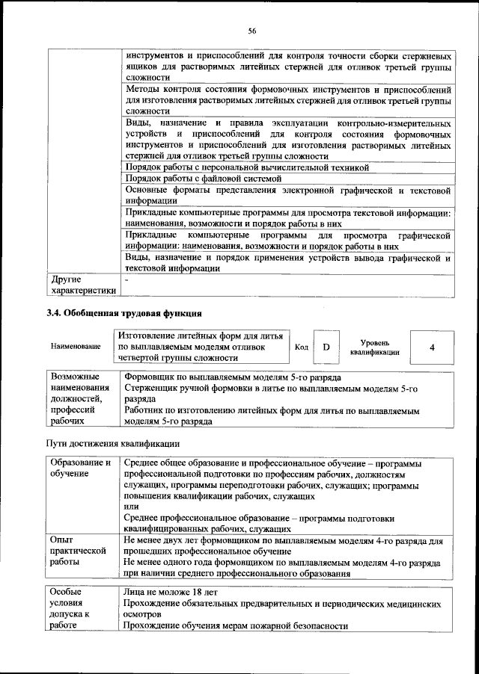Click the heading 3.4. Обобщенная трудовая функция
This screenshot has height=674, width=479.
124,312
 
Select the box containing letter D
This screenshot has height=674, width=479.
326,347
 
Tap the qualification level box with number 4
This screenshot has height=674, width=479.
432,347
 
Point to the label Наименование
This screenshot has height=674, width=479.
76,347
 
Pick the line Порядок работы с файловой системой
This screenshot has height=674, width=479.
203,179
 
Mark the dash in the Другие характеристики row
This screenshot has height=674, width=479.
127,279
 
